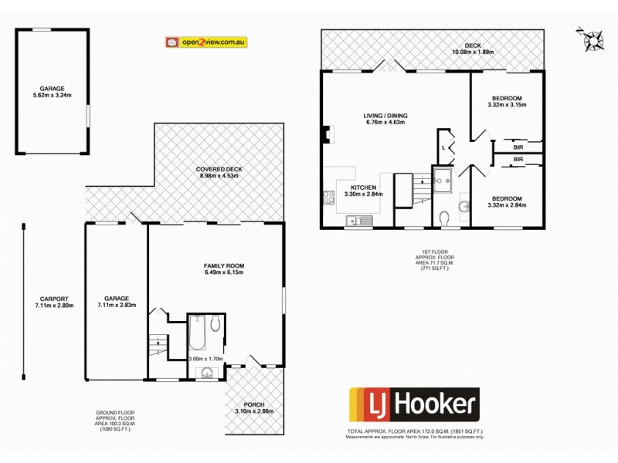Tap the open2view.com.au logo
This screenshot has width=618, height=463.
coord(205,42)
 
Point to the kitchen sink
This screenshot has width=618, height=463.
coord(359,221)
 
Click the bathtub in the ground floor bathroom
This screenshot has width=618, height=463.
coord(195,334)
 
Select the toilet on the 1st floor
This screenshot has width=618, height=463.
coord(444,221)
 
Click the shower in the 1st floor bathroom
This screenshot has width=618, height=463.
coord(443,180)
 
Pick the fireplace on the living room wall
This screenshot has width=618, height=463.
coord(327,135)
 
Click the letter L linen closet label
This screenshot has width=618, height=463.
coord(443,147)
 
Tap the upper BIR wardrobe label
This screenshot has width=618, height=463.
coord(518,145)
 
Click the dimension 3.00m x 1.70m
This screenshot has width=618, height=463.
coord(205,359)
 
